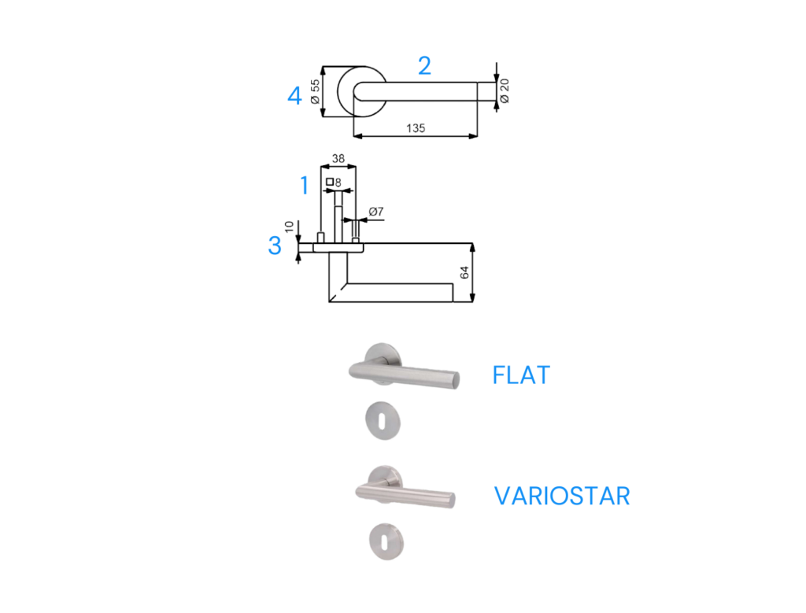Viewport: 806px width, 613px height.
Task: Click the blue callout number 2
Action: click(x=424, y=66)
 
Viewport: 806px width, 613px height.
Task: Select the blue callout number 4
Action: click(x=294, y=95)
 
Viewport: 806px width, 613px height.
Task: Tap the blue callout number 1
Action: click(x=305, y=185)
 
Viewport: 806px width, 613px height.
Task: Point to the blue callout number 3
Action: click(x=275, y=245)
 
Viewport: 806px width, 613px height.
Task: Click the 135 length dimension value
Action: click(x=416, y=128)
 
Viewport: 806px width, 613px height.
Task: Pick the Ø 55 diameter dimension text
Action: click(x=315, y=91)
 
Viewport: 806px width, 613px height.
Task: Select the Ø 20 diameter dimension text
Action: click(x=505, y=91)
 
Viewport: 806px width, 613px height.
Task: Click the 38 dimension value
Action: click(x=338, y=158)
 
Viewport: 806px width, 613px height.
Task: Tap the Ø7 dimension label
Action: click(x=375, y=211)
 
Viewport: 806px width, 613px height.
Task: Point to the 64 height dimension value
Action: click(x=464, y=272)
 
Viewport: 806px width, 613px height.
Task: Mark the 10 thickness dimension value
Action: click(x=289, y=227)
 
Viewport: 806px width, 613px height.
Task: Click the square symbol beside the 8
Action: click(x=330, y=182)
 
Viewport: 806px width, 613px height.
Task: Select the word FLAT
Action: click(x=521, y=375)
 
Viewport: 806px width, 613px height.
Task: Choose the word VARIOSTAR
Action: click(x=562, y=496)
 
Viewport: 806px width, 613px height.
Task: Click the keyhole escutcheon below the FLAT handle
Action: click(x=383, y=421)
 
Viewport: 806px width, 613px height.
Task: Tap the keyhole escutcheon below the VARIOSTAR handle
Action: click(x=386, y=541)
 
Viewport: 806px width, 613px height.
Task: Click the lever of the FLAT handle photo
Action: click(x=404, y=374)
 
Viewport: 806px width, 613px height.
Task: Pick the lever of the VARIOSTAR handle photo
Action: click(x=405, y=493)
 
